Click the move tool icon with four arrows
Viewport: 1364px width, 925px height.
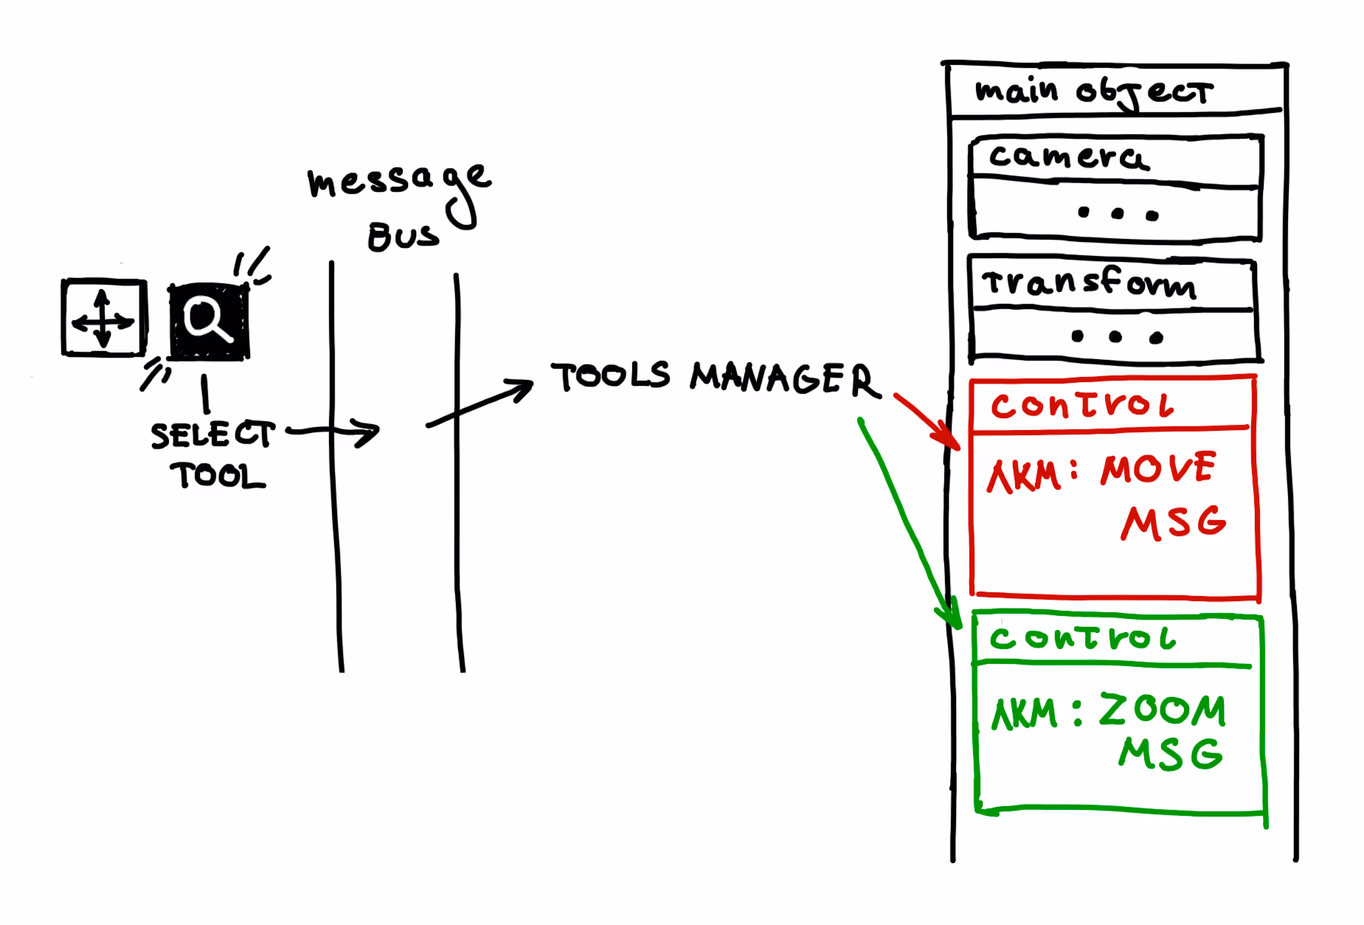coord(103,318)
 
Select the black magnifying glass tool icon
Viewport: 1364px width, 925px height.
coord(209,321)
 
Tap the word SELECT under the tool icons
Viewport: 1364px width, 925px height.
coord(212,434)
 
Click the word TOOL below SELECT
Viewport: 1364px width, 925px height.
coord(218,476)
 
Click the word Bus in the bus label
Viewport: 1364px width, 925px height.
coord(403,236)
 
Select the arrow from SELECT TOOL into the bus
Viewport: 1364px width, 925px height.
coord(336,432)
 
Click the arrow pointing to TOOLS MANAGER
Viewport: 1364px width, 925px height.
coord(480,403)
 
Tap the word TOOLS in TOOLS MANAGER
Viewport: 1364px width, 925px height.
coord(611,376)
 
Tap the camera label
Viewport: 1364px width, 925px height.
coord(1068,157)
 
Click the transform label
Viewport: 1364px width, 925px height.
coord(1089,283)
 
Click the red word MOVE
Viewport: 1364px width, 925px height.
coord(1157,469)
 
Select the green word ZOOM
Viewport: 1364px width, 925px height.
coord(1162,710)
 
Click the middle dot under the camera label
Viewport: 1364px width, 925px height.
coord(1117,214)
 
